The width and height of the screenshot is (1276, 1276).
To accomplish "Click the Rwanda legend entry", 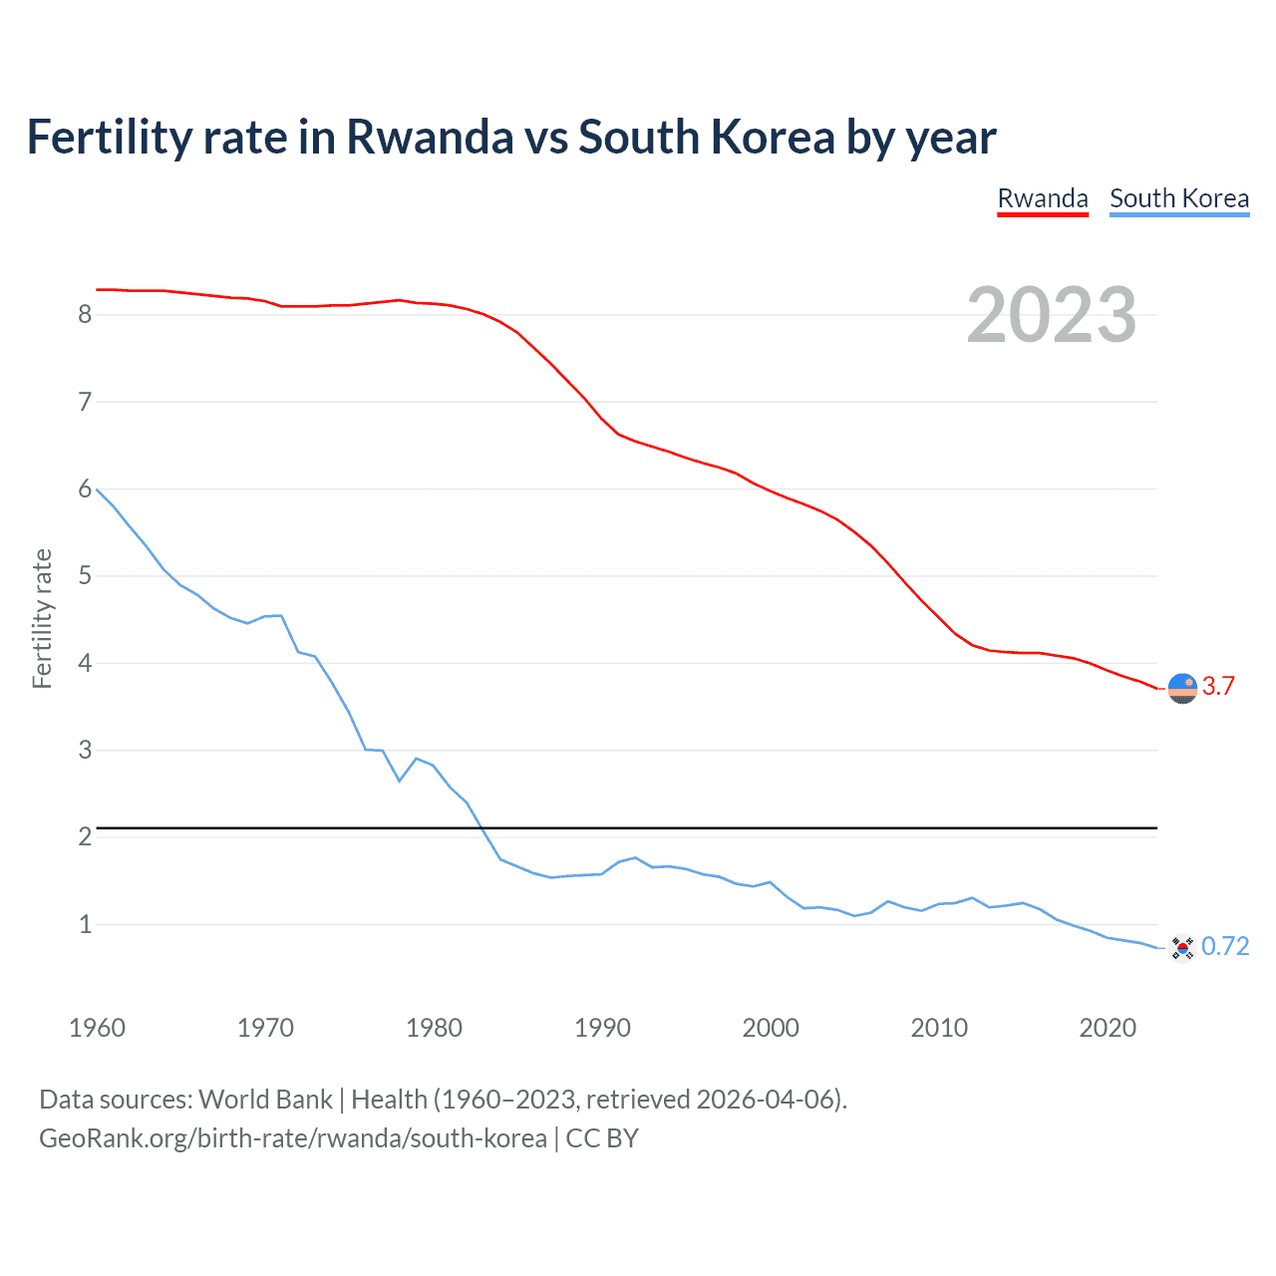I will (1043, 198).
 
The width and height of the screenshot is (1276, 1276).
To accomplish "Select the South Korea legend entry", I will (1179, 198).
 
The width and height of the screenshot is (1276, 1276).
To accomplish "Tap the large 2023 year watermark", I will (1051, 315).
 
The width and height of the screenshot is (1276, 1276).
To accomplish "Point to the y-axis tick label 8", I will (85, 315).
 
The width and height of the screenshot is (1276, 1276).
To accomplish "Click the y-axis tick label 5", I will (85, 576).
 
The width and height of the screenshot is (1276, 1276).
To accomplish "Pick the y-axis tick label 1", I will (85, 924).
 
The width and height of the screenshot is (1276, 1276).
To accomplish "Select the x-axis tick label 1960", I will (97, 1028).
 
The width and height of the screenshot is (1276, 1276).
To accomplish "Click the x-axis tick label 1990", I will (602, 1028).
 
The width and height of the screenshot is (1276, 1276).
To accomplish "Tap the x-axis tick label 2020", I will (1108, 1028).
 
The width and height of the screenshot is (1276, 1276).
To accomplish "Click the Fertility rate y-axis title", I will (42, 618).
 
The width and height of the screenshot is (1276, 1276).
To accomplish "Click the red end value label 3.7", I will (1218, 687).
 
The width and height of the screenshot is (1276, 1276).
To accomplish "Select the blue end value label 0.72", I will (1225, 947).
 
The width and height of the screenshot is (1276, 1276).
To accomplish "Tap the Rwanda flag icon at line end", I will (1182, 688).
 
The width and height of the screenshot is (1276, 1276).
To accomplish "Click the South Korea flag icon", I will (1182, 948).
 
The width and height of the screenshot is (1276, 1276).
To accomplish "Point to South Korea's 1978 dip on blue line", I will (400, 781).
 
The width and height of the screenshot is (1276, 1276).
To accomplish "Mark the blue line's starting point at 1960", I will (97, 489).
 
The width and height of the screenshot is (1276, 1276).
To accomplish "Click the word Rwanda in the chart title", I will (430, 138).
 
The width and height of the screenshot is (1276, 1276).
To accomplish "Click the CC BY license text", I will (602, 1138).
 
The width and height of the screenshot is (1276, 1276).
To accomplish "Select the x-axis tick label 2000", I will (771, 1028).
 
